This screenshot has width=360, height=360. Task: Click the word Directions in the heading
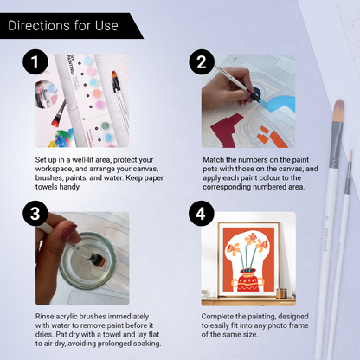point(41,25)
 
